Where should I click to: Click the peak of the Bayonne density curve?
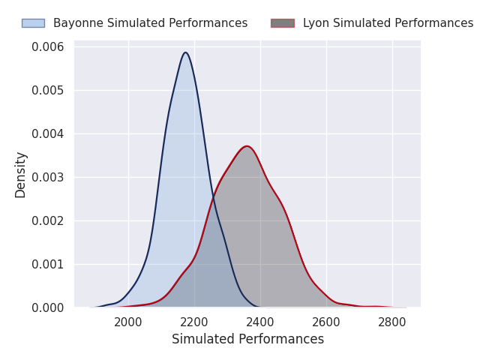185,52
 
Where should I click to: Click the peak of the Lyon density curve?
246,146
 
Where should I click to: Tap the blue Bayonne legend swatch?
33,23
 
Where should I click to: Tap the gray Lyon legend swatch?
282,23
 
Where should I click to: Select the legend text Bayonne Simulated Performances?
150,23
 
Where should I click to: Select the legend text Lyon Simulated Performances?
388,23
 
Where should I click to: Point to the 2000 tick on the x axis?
128,322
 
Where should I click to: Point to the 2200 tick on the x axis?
194,322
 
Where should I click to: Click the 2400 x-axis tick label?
260,322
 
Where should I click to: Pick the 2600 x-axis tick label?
326,322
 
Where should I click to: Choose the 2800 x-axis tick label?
392,322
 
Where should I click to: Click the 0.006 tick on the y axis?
48,47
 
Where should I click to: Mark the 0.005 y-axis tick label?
48,91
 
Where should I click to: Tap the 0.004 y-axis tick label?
48,134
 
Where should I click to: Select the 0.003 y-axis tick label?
48,178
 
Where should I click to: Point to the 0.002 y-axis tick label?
48,221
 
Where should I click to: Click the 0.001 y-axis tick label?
48,265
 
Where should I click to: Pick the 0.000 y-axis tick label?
48,307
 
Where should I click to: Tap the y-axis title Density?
21,175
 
